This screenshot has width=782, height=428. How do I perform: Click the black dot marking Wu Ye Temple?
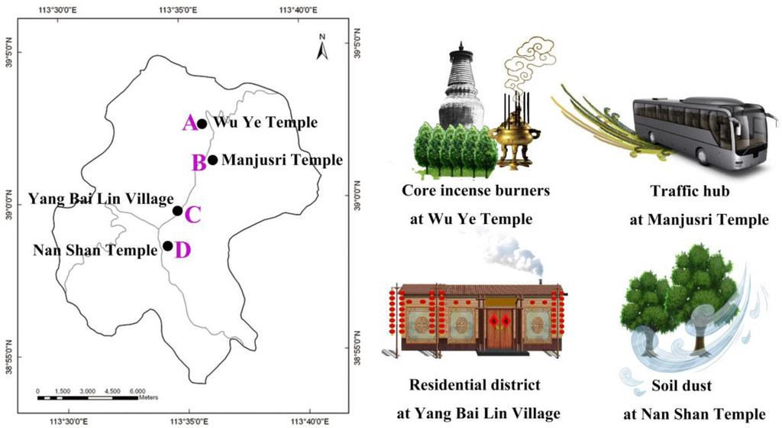[x=202, y=124]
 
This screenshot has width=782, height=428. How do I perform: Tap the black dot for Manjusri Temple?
[x=212, y=160]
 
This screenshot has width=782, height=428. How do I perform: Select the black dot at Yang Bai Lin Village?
[x=177, y=211]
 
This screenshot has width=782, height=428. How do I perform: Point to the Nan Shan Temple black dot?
[x=167, y=246]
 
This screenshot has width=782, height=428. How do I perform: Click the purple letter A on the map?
[x=189, y=122]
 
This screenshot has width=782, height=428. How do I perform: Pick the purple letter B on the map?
[x=198, y=162]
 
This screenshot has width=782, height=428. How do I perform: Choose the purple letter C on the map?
[x=192, y=215]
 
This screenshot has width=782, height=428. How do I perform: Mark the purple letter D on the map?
[x=182, y=250]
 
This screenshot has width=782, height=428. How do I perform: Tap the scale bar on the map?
[x=87, y=397]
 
